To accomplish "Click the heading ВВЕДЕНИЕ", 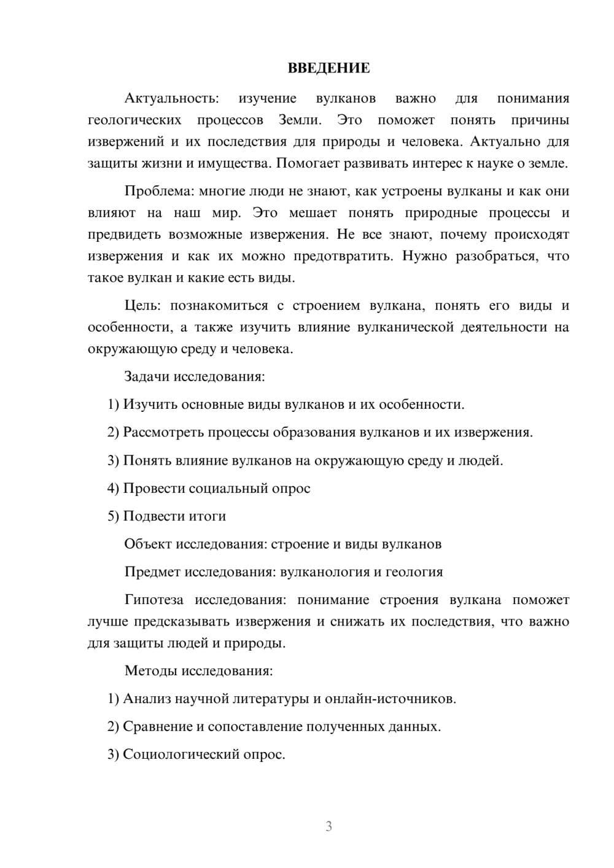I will [328, 69].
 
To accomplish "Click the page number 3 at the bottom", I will [328, 826].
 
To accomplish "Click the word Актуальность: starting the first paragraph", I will [171, 99].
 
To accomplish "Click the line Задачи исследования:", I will [195, 376].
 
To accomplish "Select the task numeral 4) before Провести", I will [113, 489].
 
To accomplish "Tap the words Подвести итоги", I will [174, 516].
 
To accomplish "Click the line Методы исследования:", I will [198, 670].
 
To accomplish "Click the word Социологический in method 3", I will [175, 754].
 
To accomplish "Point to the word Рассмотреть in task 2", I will [163, 433].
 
